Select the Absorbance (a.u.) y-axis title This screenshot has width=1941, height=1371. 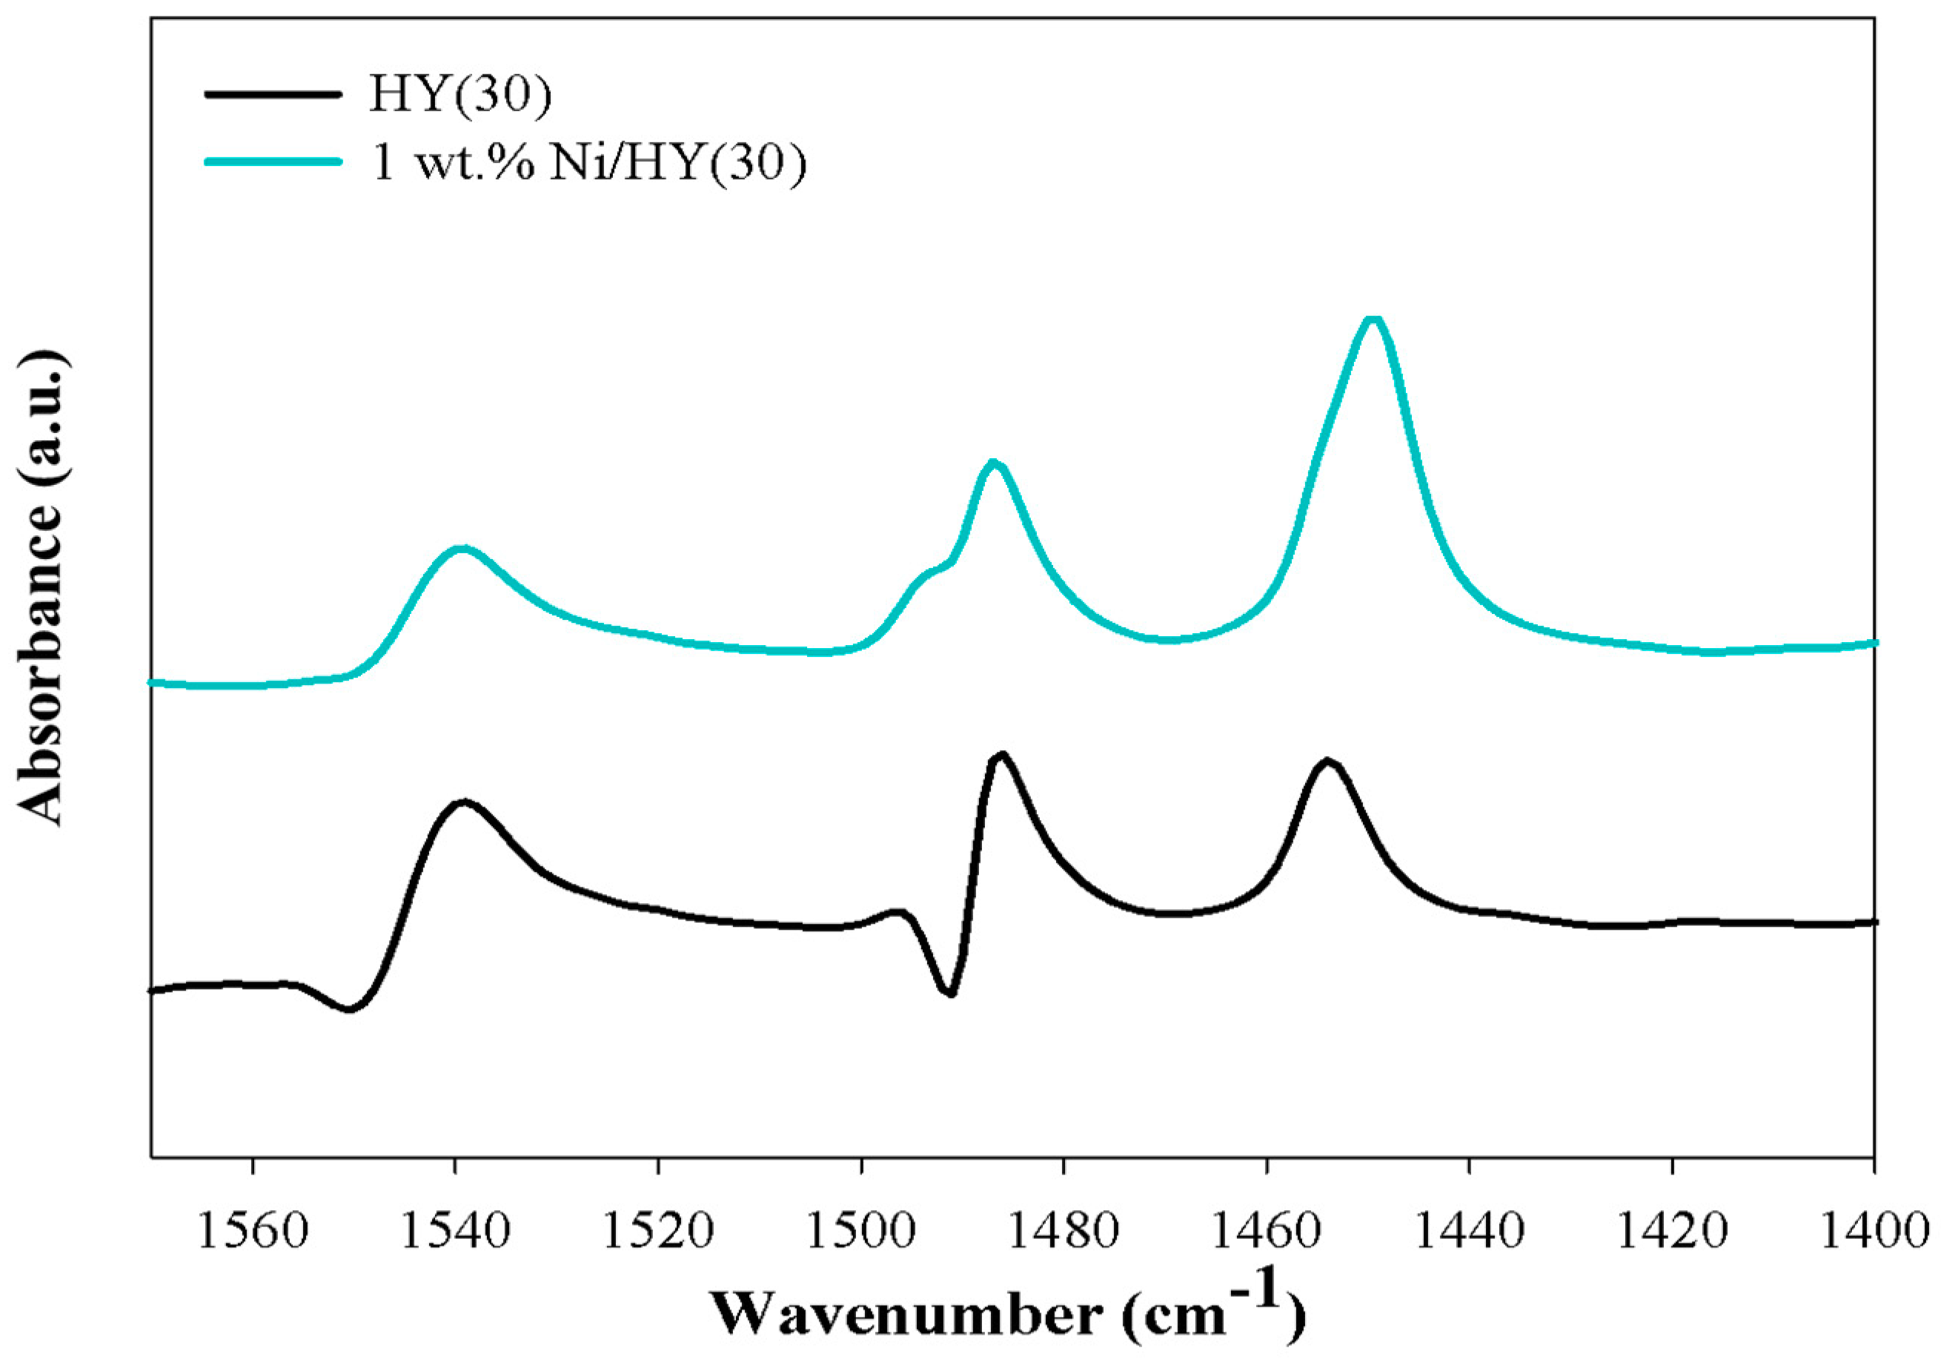(x=41, y=592)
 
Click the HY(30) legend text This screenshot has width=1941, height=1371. (x=460, y=95)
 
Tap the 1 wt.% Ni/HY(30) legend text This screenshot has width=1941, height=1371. (x=589, y=162)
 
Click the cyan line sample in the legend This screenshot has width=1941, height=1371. (x=272, y=162)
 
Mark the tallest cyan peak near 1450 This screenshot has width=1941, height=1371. (x=1374, y=319)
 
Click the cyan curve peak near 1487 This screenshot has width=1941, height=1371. (x=993, y=463)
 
